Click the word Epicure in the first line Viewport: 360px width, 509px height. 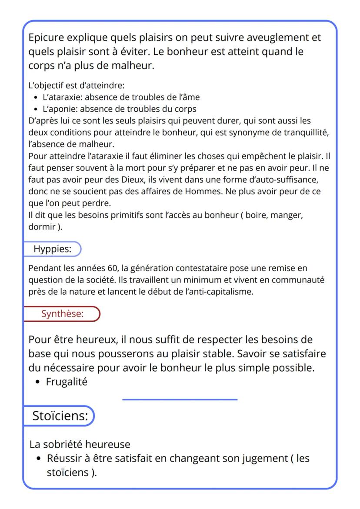click(46, 38)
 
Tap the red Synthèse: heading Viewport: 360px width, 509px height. click(62, 314)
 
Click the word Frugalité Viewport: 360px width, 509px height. click(67, 383)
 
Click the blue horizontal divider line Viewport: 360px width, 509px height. click(180, 399)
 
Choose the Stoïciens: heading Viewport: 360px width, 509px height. click(60, 416)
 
